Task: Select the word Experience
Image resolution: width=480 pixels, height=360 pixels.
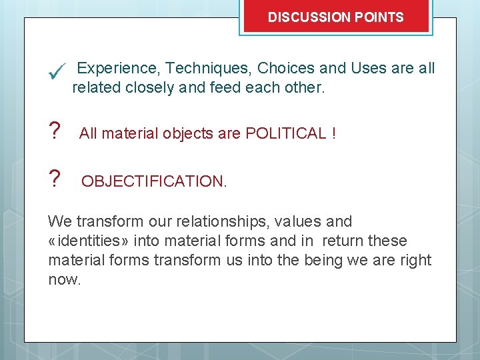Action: (119, 68)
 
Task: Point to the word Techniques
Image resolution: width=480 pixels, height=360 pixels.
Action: (208, 68)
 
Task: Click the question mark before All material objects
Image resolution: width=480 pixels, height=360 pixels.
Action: (55, 133)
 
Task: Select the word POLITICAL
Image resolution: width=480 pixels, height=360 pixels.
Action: (286, 133)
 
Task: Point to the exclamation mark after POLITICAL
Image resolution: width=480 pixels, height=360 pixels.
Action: (333, 133)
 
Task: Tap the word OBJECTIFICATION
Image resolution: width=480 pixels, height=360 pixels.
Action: (153, 181)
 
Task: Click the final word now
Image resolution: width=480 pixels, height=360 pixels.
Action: (64, 279)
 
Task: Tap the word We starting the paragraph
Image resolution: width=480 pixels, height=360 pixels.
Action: (59, 221)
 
